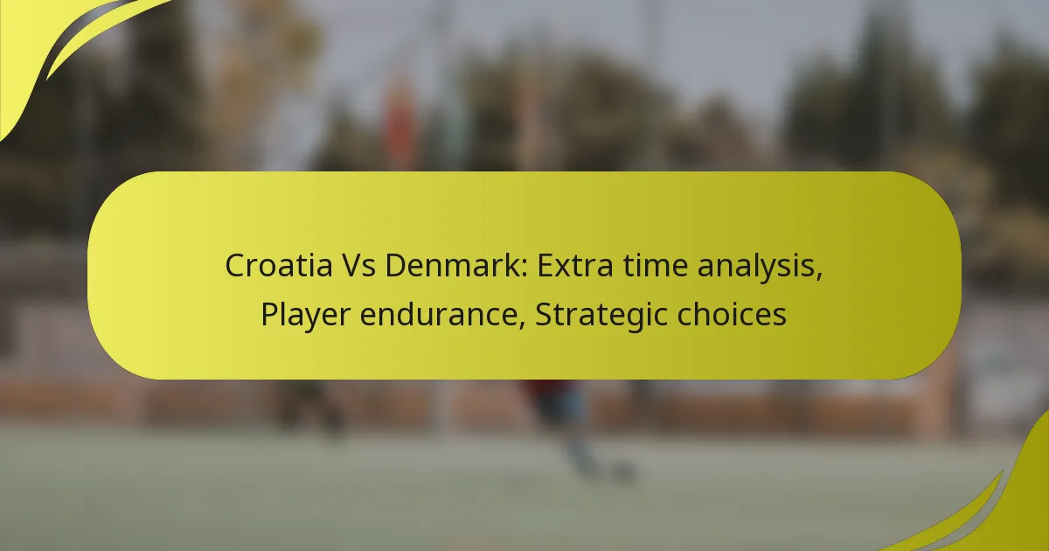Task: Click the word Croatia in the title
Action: pyautogui.click(x=279, y=265)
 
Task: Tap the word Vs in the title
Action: pyautogui.click(x=359, y=265)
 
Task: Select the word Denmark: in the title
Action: pyautogui.click(x=455, y=265)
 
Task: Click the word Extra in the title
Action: pyautogui.click(x=574, y=265)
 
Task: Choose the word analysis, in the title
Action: pyautogui.click(x=760, y=267)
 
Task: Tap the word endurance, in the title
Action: pyautogui.click(x=442, y=314)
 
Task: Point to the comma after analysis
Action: pyautogui.click(x=819, y=278)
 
